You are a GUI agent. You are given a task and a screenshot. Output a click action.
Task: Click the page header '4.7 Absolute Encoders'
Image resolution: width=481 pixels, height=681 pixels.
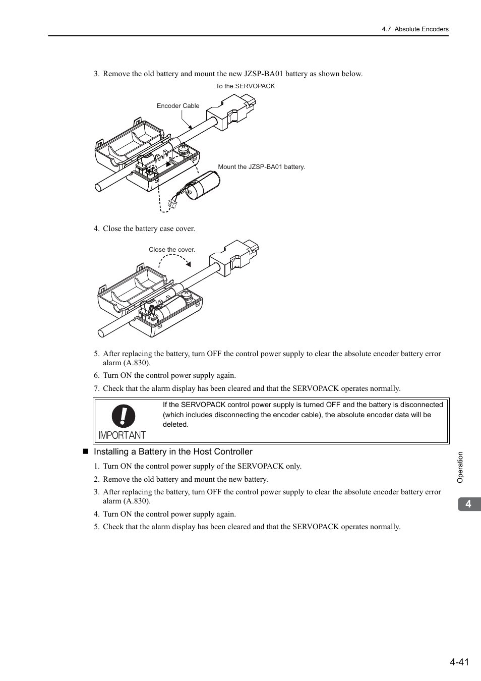pos(415,29)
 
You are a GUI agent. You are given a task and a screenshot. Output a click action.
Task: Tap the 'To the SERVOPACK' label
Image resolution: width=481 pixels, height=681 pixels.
pos(245,86)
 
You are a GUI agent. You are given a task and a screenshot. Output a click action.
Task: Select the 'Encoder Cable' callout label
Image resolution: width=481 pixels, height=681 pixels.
pos(178,106)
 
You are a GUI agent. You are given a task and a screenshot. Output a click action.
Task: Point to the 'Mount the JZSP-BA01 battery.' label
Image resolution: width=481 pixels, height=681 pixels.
pos(261,167)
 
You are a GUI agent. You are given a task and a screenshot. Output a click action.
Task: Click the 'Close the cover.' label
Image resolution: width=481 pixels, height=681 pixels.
pos(172,250)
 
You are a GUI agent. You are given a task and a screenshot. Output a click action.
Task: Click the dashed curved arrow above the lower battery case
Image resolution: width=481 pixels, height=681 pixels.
pos(174,258)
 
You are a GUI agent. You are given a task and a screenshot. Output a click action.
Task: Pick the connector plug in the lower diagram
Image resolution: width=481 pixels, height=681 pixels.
pos(234,258)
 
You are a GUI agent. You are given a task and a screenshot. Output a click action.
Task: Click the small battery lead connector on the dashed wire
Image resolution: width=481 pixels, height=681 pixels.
pos(172,205)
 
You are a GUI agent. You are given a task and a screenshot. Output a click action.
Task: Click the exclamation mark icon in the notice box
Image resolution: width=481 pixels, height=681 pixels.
pos(124,417)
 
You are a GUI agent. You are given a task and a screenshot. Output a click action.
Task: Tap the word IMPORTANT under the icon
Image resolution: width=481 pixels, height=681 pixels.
pos(122,435)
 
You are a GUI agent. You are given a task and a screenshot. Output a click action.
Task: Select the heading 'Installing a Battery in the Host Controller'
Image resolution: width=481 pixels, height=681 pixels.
pos(173,452)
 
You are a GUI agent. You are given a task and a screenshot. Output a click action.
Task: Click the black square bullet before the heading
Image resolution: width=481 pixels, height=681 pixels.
pos(85,451)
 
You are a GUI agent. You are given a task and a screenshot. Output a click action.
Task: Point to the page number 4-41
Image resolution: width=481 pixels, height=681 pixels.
pos(459,662)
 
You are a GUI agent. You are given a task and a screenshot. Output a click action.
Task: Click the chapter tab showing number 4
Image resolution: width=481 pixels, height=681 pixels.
pos(469,504)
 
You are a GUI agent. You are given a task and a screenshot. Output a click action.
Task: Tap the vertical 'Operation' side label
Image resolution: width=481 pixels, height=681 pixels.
pos(460,467)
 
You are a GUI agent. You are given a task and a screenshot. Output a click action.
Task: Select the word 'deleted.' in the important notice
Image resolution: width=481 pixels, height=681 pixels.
pos(175,425)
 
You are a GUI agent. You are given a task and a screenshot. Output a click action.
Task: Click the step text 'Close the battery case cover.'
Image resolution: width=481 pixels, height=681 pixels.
pos(149,229)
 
